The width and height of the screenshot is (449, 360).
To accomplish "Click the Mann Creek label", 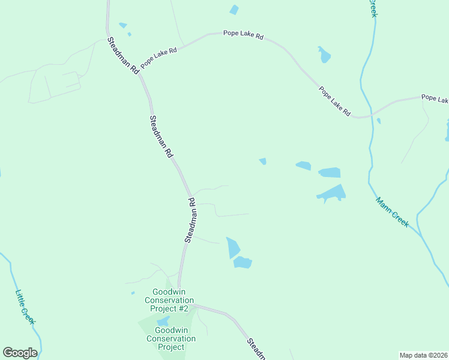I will [x=393, y=212].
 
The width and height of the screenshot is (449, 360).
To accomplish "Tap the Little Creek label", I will [x=26, y=307].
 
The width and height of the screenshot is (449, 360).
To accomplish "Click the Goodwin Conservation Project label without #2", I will [x=171, y=338].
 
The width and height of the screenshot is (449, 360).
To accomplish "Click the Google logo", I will [x=20, y=353].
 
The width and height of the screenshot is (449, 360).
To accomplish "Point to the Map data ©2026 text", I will [x=423, y=355].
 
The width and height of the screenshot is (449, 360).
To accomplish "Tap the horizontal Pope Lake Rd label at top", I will [x=243, y=36].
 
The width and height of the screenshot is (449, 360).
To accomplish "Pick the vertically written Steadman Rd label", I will [x=191, y=220].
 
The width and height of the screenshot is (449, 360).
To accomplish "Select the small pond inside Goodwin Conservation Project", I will [x=163, y=321].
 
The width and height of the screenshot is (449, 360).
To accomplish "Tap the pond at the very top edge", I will [x=234, y=10].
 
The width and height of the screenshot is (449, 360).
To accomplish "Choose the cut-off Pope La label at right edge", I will [x=435, y=98].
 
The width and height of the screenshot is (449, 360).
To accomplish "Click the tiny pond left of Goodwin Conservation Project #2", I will [x=133, y=293].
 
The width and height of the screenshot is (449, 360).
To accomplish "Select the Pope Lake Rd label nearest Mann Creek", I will [x=334, y=101].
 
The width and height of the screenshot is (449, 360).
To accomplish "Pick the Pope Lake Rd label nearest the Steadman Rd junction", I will [x=158, y=58].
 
